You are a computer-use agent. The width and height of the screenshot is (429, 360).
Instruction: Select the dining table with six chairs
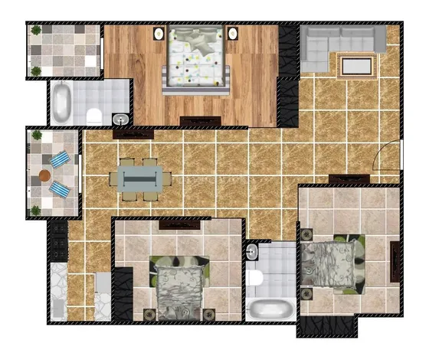140,178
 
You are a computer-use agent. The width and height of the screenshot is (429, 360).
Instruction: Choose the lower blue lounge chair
60,188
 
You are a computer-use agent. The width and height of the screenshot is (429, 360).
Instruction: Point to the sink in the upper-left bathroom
119,120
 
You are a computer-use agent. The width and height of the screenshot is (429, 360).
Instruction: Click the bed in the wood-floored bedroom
195,60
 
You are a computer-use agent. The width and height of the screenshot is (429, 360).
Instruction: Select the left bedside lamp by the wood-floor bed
159,34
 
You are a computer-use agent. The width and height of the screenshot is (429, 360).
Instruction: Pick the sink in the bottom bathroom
254,250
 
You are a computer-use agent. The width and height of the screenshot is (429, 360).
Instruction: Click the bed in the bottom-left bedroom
180,287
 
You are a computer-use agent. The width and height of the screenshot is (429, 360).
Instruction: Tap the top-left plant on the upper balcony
36,31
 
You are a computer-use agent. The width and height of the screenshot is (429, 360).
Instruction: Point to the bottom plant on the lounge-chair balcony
35,209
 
